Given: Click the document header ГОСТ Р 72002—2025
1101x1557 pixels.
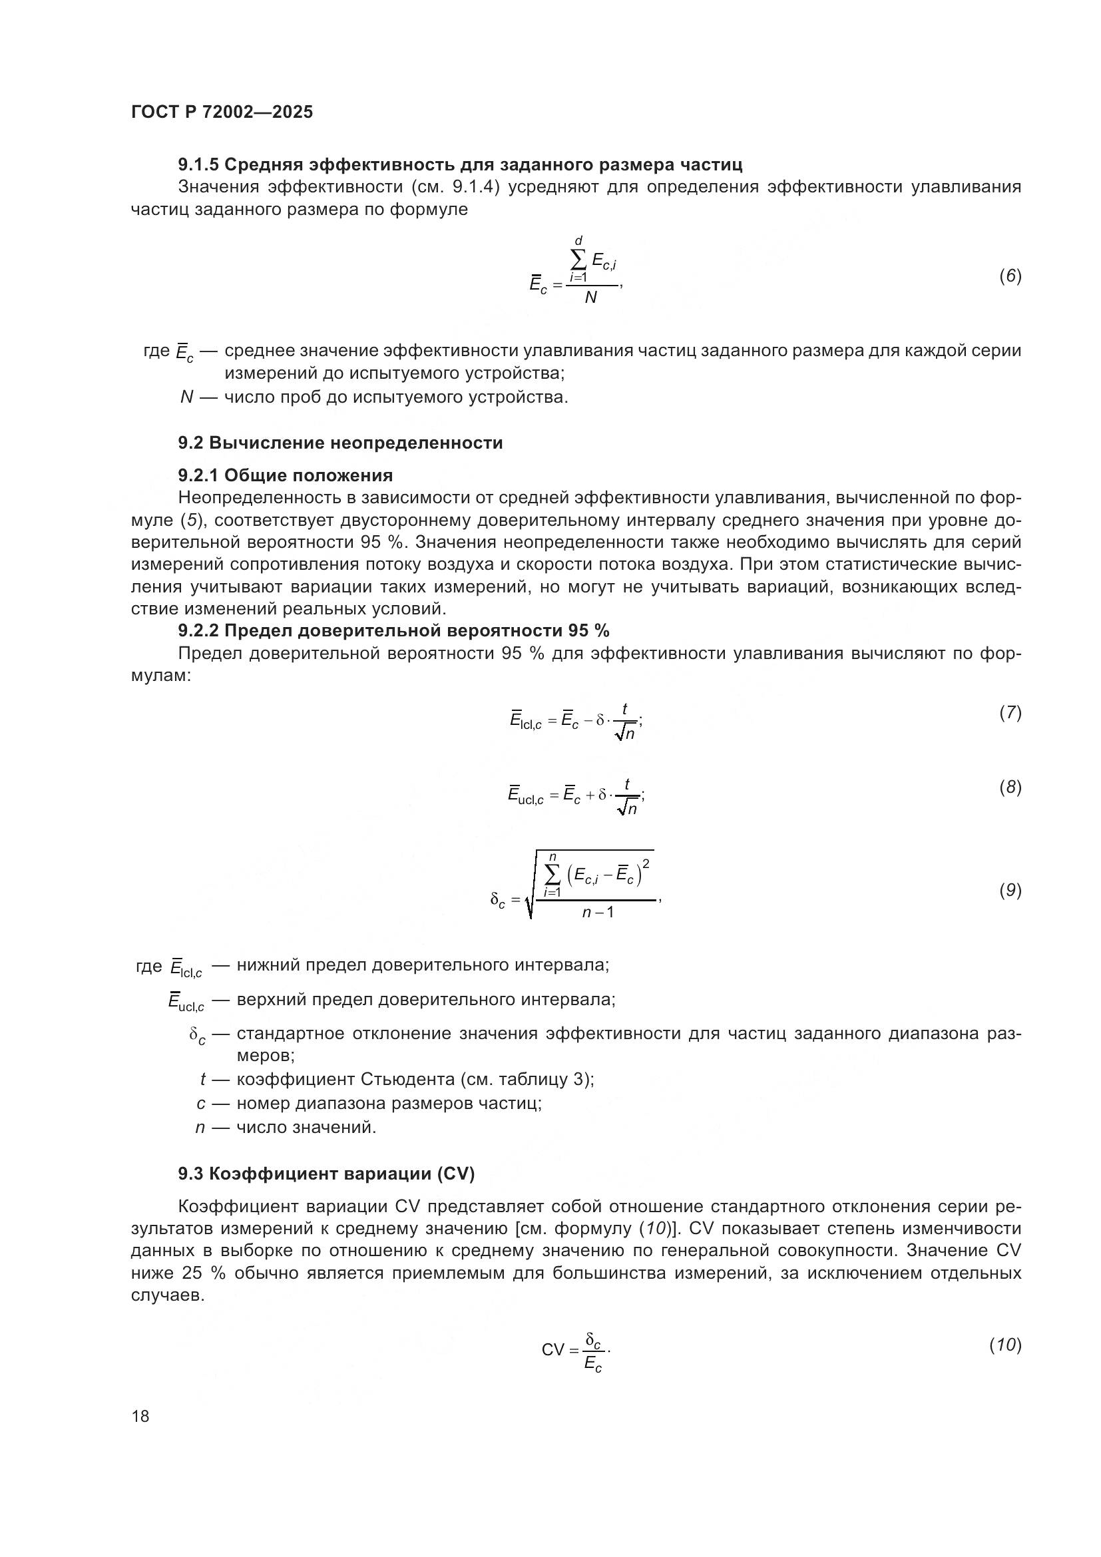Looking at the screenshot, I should [222, 112].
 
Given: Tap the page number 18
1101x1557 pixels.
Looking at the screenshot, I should [140, 1416].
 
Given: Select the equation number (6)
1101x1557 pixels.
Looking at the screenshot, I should [1010, 276].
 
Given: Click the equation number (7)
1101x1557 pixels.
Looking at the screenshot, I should [1010, 713].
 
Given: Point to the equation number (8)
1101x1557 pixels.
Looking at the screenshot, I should [1010, 787].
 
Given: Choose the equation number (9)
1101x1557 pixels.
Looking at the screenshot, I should [1010, 891].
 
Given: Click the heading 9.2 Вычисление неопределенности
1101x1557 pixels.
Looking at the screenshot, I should [340, 443].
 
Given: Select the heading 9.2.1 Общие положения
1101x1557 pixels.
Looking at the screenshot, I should [286, 475].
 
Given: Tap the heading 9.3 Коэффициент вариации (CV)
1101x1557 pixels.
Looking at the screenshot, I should [326, 1173].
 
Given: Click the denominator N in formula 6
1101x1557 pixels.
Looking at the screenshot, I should [590, 298].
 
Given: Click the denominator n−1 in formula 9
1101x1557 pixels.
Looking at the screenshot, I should [598, 912].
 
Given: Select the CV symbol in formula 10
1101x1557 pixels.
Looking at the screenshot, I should [552, 1349].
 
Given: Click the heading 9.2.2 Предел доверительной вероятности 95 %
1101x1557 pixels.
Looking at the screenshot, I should [393, 630].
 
